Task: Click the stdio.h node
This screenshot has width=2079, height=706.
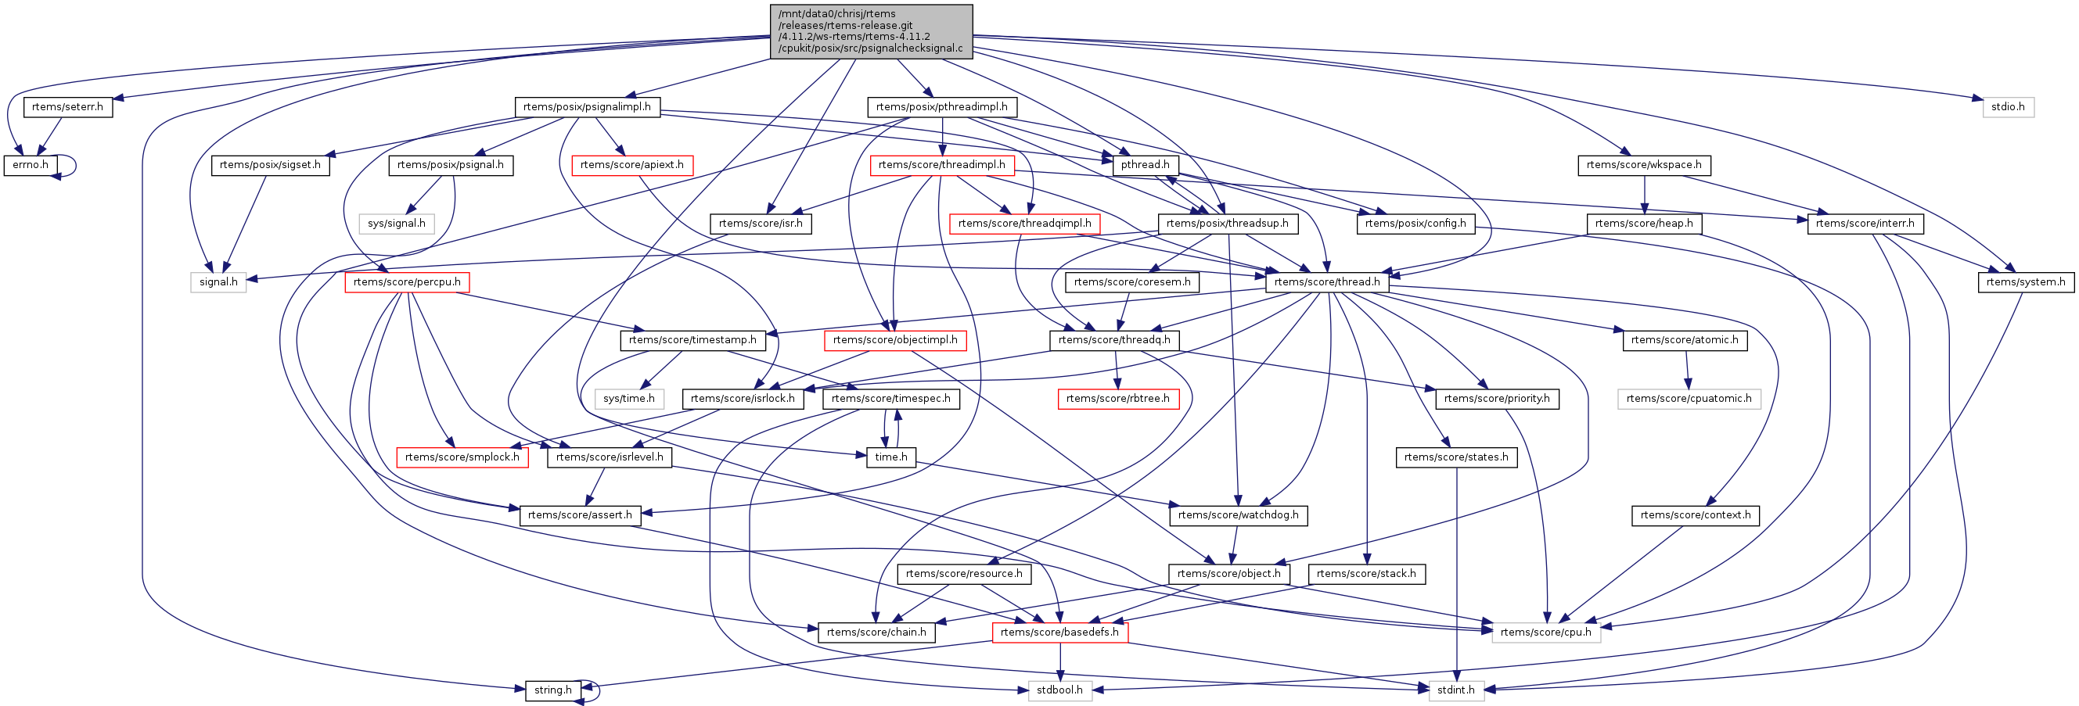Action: pyautogui.click(x=2008, y=106)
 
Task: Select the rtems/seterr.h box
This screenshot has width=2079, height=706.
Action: pyautogui.click(x=68, y=106)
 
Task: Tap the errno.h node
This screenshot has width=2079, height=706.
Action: pyautogui.click(x=31, y=165)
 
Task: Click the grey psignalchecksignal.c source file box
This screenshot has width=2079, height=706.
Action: pyautogui.click(x=871, y=31)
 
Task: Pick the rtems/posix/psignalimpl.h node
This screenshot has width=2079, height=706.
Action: pyautogui.click(x=587, y=106)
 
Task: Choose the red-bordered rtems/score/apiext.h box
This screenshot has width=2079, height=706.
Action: pyautogui.click(x=632, y=165)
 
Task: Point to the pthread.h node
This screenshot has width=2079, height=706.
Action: pyautogui.click(x=1145, y=165)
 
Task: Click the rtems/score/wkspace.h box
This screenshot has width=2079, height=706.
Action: pyautogui.click(x=1643, y=165)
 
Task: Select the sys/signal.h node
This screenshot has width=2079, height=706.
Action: pyautogui.click(x=396, y=224)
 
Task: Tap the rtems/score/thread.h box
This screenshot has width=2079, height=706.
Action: pyautogui.click(x=1327, y=281)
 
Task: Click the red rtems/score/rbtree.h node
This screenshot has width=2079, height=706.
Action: pyautogui.click(x=1117, y=399)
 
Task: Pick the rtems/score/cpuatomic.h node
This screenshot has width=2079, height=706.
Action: pyautogui.click(x=1689, y=399)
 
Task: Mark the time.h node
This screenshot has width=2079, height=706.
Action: pyautogui.click(x=891, y=457)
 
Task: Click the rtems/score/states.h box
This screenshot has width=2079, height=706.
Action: pyautogui.click(x=1456, y=457)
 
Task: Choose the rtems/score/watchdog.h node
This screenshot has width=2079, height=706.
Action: pyautogui.click(x=1238, y=514)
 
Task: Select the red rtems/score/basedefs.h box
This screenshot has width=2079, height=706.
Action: pyautogui.click(x=1059, y=632)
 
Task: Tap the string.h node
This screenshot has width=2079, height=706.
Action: pyautogui.click(x=553, y=690)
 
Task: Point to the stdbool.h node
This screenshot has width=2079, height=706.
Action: pyautogui.click(x=1059, y=690)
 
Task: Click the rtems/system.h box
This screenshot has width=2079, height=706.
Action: pyautogui.click(x=2026, y=281)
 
